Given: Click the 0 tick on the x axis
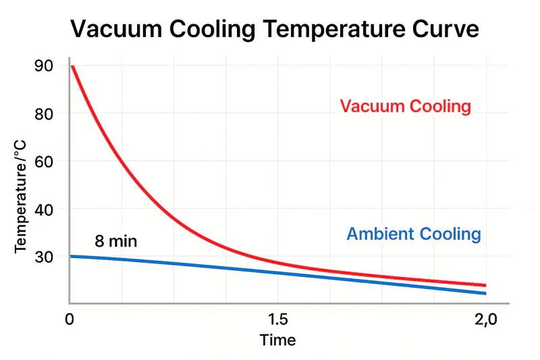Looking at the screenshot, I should point(70,319).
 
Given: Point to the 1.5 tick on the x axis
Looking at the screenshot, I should point(278,319).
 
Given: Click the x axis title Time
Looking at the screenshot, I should point(277,340).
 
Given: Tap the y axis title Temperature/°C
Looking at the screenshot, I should point(21,197).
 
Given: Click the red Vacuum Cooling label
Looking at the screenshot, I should point(404,106).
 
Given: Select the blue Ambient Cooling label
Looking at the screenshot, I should point(413,234).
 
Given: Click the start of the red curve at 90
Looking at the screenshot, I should point(72,66).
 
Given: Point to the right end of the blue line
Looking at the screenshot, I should point(485,293).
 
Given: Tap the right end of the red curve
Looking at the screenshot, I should point(485,285).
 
